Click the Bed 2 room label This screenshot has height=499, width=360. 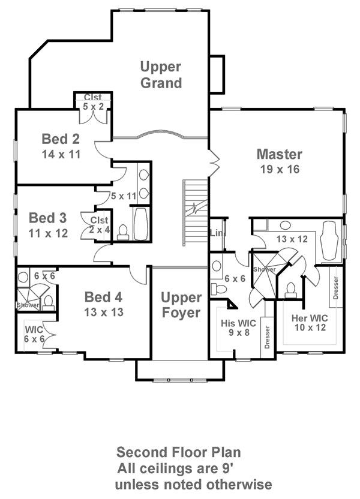point(61,139)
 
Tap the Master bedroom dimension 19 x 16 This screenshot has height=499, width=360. point(280,169)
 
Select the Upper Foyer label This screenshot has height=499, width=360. point(181,305)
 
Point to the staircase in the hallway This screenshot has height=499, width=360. point(196,212)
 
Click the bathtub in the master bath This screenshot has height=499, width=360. point(329,241)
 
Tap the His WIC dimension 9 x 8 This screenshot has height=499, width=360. point(239,332)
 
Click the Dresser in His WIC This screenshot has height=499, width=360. point(267,337)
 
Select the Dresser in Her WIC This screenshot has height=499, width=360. point(335,287)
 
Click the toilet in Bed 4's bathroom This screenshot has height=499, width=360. point(49,302)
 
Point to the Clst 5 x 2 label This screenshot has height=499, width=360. point(93,102)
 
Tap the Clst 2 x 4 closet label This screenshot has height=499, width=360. point(100,225)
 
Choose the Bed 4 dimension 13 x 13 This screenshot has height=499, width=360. point(104,312)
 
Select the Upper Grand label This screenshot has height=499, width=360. point(161,75)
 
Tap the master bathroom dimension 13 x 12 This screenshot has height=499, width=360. point(292,239)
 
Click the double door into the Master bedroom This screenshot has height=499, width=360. point(214,163)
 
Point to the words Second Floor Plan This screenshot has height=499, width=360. point(179,452)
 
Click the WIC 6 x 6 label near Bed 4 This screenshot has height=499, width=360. point(34,334)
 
